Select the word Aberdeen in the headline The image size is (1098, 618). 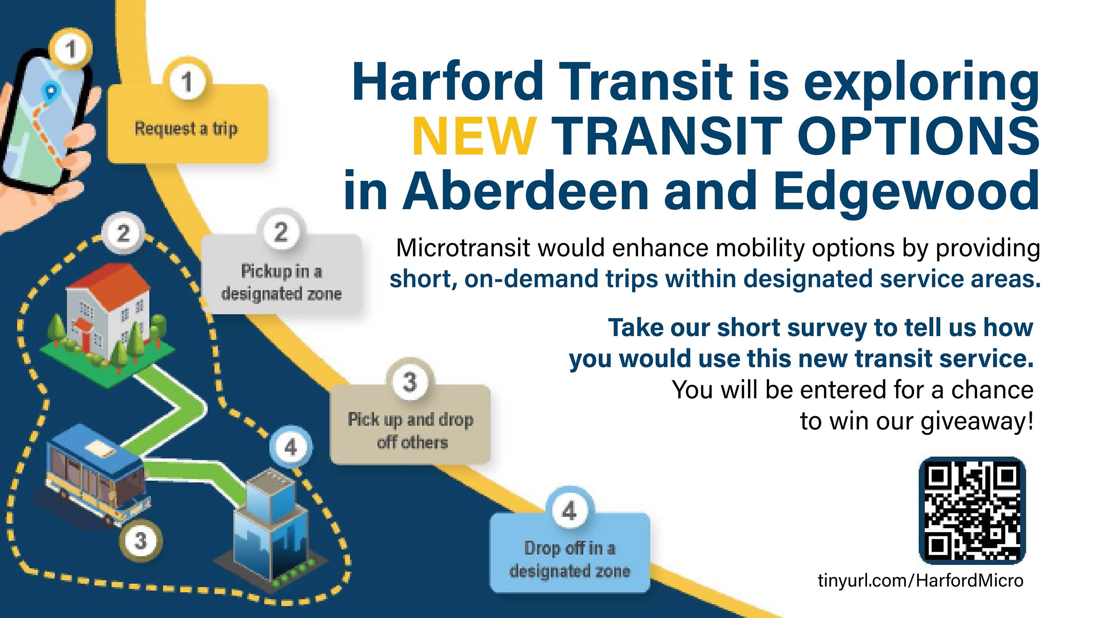525,190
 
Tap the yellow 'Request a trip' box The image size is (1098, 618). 187,123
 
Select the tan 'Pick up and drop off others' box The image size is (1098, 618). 410,424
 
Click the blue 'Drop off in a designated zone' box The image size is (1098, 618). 569,553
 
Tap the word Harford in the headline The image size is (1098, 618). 448,81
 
